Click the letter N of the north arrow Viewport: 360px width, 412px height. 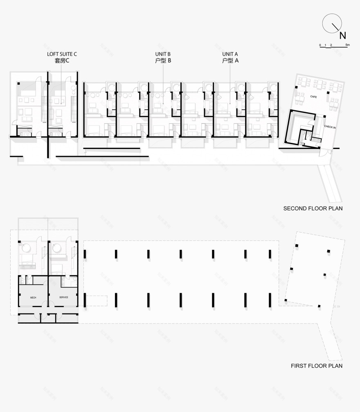click(343, 35)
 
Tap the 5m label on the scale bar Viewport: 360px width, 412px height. click(347, 44)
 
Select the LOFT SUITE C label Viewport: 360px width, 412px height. click(62, 54)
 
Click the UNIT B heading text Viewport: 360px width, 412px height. click(163, 54)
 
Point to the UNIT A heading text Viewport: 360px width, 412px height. click(230, 54)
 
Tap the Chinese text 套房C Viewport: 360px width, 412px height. click(62, 61)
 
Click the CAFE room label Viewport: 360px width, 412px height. click(313, 97)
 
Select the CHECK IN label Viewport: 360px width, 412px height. click(330, 127)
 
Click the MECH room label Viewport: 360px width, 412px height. click(34, 297)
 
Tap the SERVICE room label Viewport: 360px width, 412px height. click(64, 297)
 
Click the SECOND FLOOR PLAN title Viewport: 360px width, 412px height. click(313, 208)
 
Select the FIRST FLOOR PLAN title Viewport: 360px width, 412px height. click(317, 366)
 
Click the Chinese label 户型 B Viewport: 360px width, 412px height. click(163, 61)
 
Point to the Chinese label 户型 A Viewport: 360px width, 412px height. click(230, 61)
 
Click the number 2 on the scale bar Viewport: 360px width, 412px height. click(331, 44)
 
